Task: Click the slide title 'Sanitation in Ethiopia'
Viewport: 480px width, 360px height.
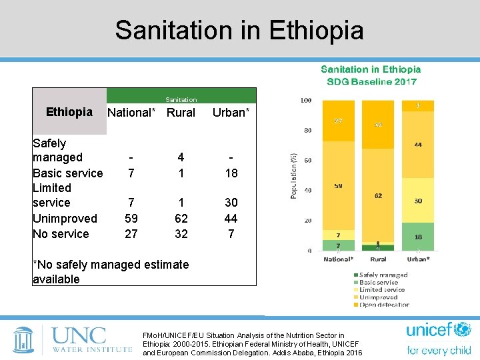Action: pyautogui.click(x=239, y=30)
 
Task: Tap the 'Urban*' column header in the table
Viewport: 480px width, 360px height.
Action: pyautogui.click(x=231, y=113)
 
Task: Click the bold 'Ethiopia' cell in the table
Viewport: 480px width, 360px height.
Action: pyautogui.click(x=69, y=112)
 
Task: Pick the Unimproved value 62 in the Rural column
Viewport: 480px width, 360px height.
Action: pyautogui.click(x=181, y=219)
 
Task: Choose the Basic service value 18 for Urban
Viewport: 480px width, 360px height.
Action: pyautogui.click(x=231, y=173)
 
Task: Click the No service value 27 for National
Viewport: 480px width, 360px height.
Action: pyautogui.click(x=131, y=234)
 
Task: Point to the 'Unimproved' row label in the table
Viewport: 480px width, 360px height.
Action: pyautogui.click(x=65, y=219)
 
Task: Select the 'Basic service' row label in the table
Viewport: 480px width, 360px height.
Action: pyautogui.click(x=68, y=173)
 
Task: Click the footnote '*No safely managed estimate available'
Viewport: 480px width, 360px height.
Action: pyautogui.click(x=111, y=272)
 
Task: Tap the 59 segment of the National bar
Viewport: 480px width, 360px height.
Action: pyautogui.click(x=339, y=186)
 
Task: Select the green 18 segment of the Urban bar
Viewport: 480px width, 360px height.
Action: pyautogui.click(x=417, y=237)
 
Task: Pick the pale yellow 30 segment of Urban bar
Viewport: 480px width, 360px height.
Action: pyautogui.click(x=417, y=201)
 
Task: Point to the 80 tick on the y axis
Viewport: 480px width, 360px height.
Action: pyautogui.click(x=307, y=131)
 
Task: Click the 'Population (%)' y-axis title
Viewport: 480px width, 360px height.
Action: pyautogui.click(x=293, y=175)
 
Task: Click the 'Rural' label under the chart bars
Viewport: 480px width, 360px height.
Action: pyautogui.click(x=378, y=259)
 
